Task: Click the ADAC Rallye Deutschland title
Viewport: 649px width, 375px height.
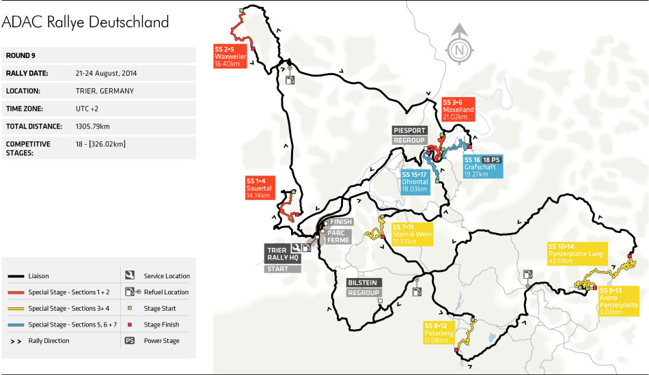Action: tap(85, 22)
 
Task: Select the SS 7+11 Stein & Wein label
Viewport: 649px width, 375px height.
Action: tap(413, 234)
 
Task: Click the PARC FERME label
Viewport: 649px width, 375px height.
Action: tap(339, 236)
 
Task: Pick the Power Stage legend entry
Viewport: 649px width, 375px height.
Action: tap(159, 340)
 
